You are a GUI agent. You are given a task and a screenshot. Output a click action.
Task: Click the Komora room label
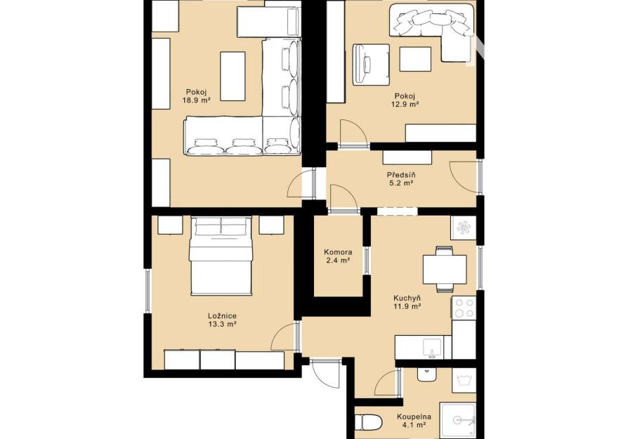pyautogui.click(x=338, y=252)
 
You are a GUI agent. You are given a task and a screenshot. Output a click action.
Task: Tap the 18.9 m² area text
pyautogui.click(x=196, y=101)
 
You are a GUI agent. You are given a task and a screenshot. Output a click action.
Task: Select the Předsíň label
pyautogui.click(x=401, y=175)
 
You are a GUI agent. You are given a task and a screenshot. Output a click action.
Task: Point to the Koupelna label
pyautogui.click(x=414, y=417)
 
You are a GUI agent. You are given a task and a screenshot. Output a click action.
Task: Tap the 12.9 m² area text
pyautogui.click(x=405, y=104)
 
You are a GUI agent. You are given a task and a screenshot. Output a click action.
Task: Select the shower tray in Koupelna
pyautogui.click(x=458, y=421)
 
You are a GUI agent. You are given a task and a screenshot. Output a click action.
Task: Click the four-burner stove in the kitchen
pyautogui.click(x=464, y=308)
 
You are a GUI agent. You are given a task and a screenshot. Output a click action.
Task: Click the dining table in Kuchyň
pyautogui.click(x=445, y=269)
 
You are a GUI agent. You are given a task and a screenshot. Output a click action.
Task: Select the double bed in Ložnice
pyautogui.click(x=221, y=256)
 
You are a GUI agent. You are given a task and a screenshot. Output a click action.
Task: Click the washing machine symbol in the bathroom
pyautogui.click(x=464, y=380)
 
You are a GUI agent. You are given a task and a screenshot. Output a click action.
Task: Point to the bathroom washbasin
pyautogui.click(x=427, y=375)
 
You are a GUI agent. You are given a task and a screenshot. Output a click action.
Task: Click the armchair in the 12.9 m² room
pyautogui.click(x=371, y=64)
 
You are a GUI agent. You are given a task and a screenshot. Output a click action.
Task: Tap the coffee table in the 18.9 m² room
pyautogui.click(x=233, y=76)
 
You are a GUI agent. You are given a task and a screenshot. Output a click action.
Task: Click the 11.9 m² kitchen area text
pyautogui.click(x=407, y=306)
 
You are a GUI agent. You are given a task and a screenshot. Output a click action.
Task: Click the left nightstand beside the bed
pyautogui.click(x=170, y=225)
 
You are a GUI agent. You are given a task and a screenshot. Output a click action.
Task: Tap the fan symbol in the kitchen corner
pyautogui.click(x=464, y=228)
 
